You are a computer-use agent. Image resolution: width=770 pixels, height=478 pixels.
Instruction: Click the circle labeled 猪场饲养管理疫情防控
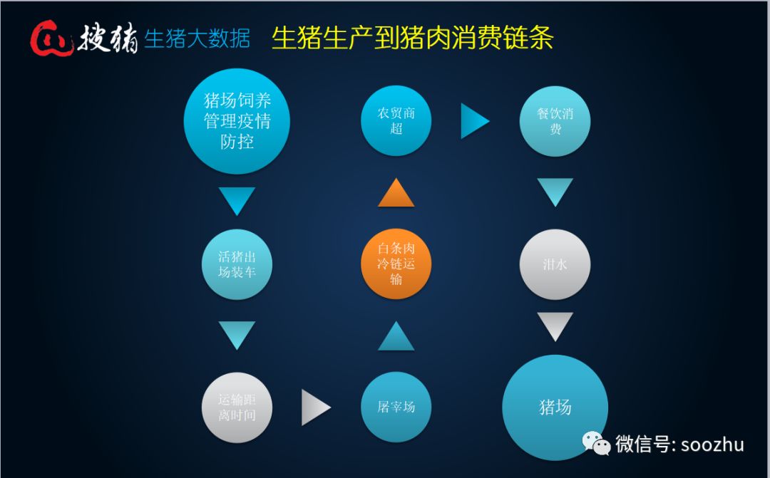point(237,121)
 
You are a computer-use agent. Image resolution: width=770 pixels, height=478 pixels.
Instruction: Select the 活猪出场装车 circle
point(237,264)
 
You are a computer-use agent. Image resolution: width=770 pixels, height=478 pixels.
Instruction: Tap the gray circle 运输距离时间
point(237,407)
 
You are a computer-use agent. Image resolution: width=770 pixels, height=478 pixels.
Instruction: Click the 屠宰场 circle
point(396,407)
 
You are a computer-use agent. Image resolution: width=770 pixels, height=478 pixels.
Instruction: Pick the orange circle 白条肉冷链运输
point(396,264)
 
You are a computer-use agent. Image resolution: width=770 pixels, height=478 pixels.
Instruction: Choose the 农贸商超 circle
point(396,120)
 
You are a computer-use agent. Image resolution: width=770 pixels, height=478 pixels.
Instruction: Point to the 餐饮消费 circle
point(555,120)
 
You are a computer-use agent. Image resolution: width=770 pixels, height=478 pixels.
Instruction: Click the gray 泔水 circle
point(555,264)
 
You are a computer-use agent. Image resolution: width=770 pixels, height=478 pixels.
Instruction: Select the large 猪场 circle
point(555,407)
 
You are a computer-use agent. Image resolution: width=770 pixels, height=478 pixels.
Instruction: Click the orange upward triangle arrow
point(396,194)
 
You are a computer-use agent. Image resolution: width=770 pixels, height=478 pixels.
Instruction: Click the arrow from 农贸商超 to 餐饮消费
point(473,121)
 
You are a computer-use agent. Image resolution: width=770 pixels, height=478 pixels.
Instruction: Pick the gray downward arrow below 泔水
point(555,326)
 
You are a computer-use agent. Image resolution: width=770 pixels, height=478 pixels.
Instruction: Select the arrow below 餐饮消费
point(555,192)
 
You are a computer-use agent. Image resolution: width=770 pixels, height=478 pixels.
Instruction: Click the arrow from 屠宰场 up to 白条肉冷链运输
point(396,337)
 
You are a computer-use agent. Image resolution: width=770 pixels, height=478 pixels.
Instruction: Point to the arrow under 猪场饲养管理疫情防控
point(237,200)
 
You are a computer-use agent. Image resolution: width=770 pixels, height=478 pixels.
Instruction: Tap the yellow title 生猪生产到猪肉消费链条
point(412,38)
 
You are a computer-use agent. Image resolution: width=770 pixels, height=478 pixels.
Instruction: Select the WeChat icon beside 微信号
point(597,443)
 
